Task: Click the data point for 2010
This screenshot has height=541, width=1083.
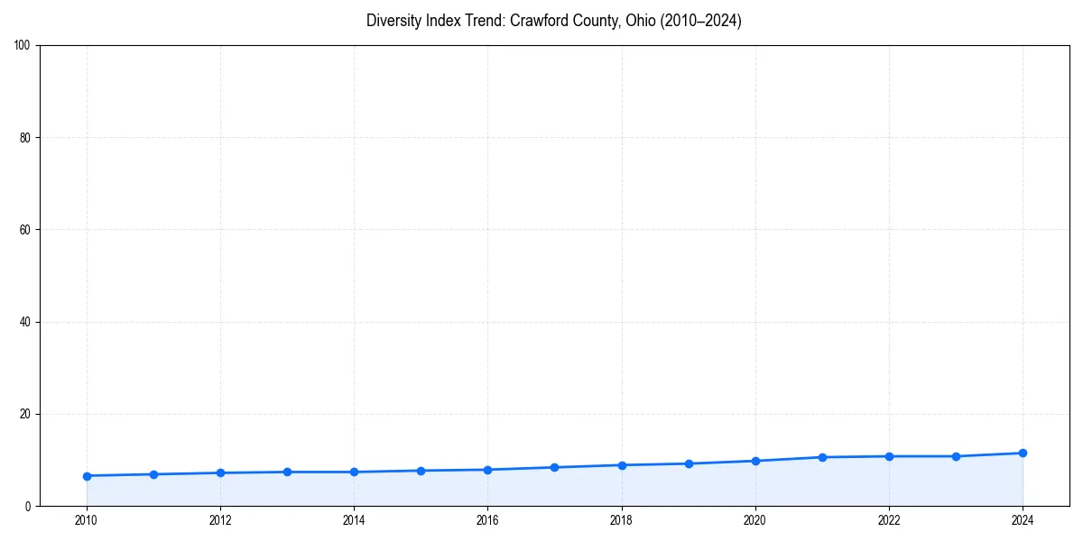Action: click(87, 476)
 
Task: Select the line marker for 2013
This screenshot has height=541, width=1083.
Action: click(287, 472)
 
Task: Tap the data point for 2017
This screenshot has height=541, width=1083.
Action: click(555, 467)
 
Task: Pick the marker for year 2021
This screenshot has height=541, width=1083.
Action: click(822, 457)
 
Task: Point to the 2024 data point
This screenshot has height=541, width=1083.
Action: click(1023, 453)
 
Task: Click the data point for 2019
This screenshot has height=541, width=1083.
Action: click(689, 463)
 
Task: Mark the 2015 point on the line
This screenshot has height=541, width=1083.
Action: click(421, 471)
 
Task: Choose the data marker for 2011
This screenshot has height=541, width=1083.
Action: click(153, 474)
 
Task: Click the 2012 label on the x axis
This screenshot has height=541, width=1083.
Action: click(220, 520)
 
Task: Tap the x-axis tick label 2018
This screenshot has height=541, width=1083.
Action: click(622, 520)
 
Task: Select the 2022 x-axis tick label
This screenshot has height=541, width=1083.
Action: click(889, 520)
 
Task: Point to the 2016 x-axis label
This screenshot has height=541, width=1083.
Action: click(487, 520)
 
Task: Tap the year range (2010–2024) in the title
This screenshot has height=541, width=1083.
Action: click(701, 21)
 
